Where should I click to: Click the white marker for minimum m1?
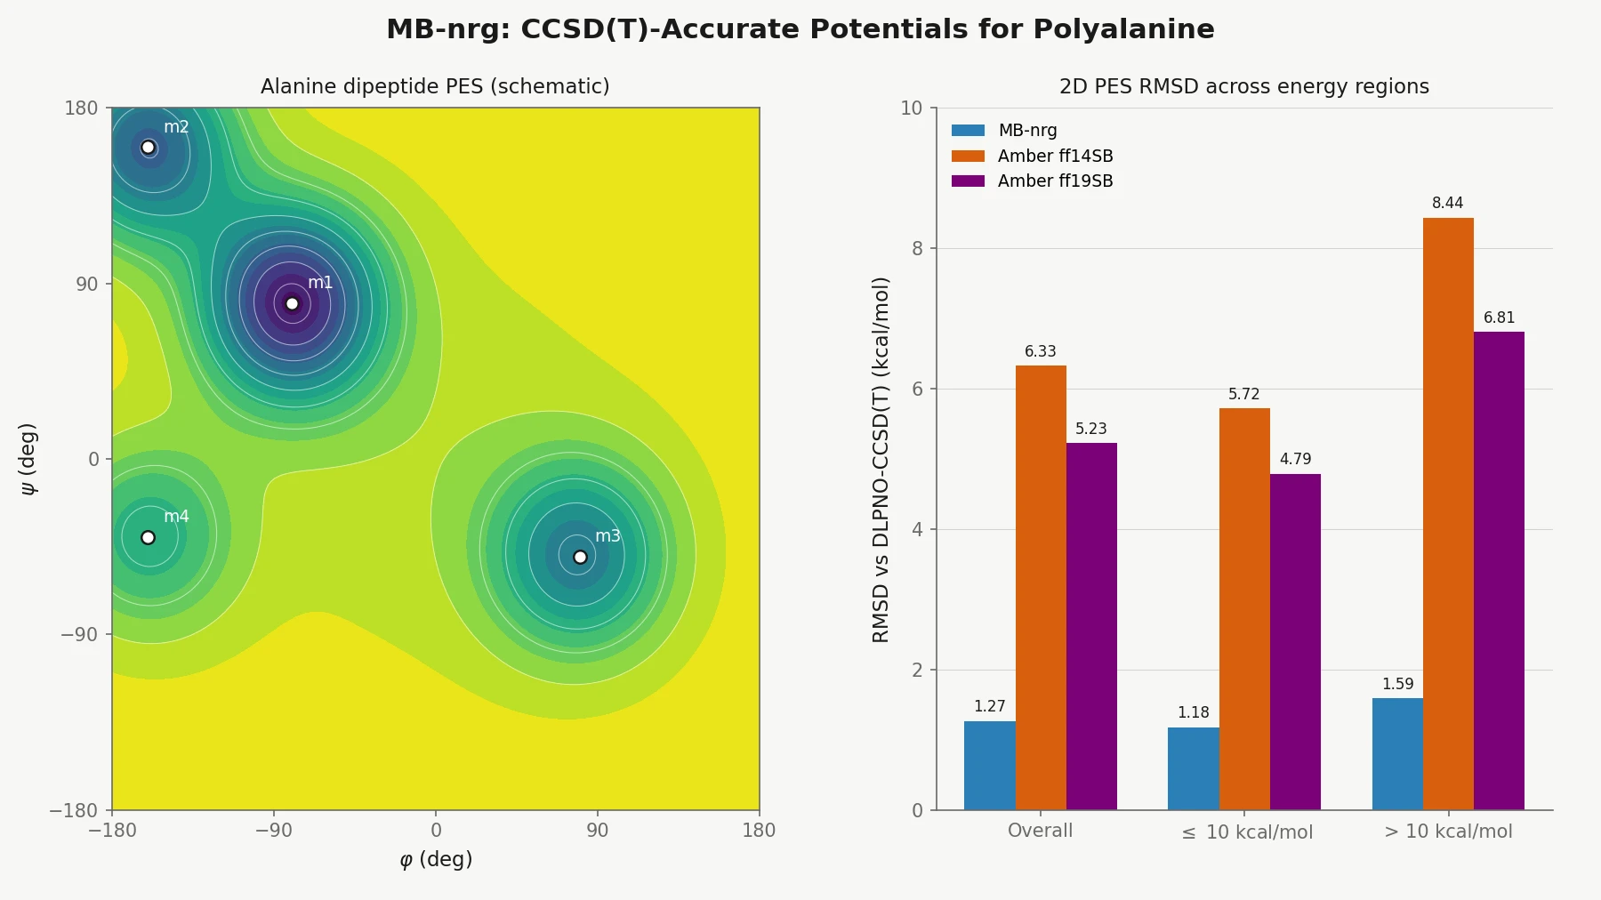(292, 304)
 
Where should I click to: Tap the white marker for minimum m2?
(149, 148)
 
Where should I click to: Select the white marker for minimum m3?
(580, 558)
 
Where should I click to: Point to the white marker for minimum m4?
(149, 537)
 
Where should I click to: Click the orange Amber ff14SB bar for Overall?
(1041, 587)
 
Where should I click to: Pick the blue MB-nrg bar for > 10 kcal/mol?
(1397, 754)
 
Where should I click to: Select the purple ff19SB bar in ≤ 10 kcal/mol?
(1295, 641)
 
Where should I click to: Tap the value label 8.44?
(1447, 203)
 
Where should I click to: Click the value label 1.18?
(1193, 712)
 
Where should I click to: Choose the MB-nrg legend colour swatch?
(968, 130)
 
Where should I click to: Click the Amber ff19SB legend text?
(1055, 181)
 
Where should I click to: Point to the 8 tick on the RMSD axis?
(917, 249)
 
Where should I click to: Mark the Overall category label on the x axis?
(1040, 831)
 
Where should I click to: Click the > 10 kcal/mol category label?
(1448, 831)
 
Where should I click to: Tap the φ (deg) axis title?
(436, 859)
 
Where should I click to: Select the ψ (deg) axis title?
(28, 459)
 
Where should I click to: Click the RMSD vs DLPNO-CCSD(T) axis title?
(881, 459)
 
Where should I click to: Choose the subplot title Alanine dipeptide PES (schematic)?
(435, 86)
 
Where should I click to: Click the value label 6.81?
(1499, 317)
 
